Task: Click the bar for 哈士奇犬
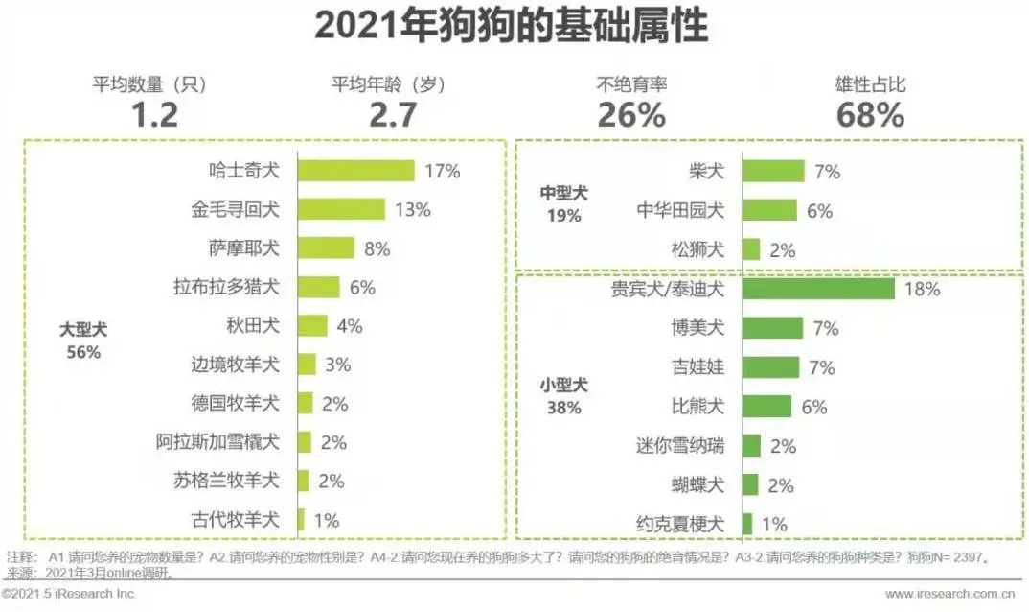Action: [x=355, y=171]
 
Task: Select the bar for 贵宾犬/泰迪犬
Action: [x=818, y=289]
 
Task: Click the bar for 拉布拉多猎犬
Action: [x=318, y=287]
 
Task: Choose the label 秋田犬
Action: [x=253, y=326]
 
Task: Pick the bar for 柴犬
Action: [x=773, y=172]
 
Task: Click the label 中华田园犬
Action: [x=681, y=211]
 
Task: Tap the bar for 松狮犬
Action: [x=751, y=249]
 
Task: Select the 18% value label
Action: [x=922, y=289]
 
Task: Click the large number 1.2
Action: [x=153, y=115]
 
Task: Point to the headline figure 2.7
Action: [x=393, y=115]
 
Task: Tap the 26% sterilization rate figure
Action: [x=631, y=115]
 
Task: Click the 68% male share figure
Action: [x=870, y=115]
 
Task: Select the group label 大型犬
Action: [x=83, y=329]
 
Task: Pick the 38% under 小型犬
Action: [x=562, y=407]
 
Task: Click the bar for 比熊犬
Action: [x=766, y=406]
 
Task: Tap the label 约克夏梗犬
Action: [x=679, y=524]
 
